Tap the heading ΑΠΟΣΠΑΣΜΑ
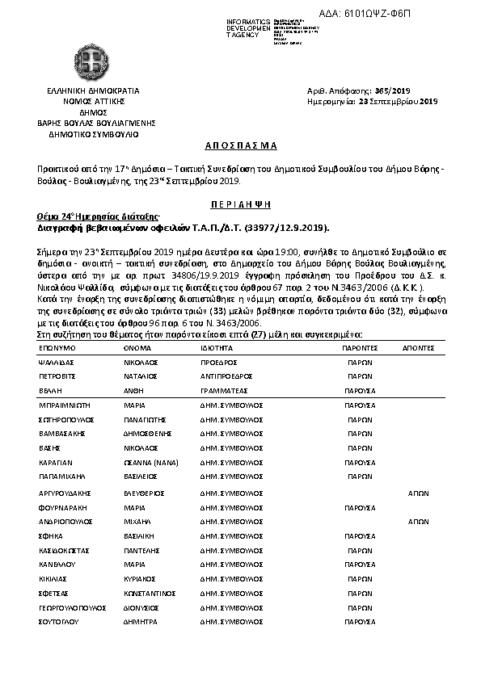click(240, 145)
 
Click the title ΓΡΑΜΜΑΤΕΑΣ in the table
click(226, 389)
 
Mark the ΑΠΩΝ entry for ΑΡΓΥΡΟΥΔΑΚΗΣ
click(418, 493)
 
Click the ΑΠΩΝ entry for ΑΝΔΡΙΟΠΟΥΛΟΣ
click(418, 522)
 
